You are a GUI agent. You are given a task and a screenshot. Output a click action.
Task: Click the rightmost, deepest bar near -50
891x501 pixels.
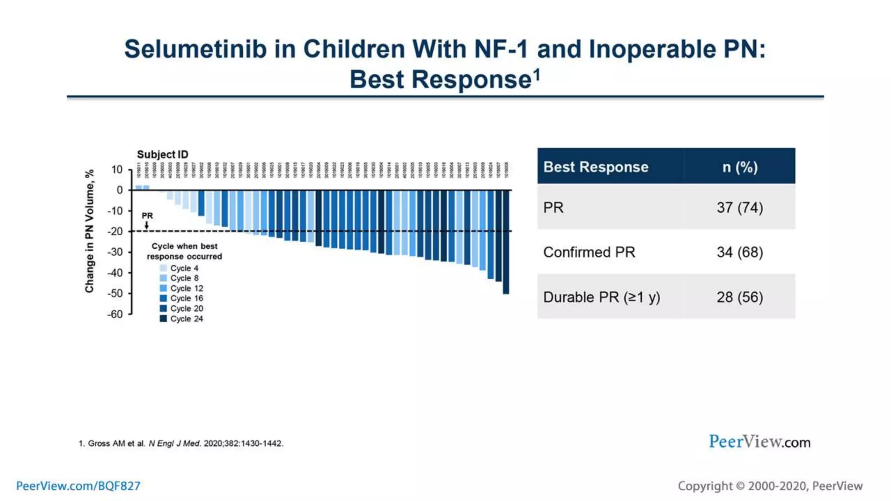pos(506,242)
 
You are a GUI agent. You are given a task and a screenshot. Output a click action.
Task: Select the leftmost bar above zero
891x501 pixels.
pos(139,188)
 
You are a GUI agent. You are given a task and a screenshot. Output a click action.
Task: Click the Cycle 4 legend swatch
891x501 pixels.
pos(164,268)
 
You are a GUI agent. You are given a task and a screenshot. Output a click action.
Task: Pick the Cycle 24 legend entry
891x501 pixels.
pos(181,319)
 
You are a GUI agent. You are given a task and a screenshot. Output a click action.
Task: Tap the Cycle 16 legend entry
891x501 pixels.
pos(181,298)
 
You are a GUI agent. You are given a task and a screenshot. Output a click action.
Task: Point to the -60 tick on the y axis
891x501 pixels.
pos(115,314)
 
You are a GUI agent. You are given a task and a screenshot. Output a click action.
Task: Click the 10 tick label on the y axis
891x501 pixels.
pos(117,170)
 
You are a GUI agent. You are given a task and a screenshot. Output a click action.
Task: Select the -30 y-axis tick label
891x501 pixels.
pos(115,252)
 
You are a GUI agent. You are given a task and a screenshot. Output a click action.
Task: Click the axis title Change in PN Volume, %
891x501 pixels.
pos(89,231)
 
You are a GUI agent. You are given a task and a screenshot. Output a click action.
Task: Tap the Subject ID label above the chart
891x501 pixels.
pos(162,154)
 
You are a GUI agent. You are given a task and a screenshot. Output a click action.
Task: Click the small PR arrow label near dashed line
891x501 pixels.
pos(147,216)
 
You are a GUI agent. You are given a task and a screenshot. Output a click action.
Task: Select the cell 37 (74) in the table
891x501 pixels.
pos(740,207)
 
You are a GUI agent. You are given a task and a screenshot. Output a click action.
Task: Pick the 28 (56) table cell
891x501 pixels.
pos(740,297)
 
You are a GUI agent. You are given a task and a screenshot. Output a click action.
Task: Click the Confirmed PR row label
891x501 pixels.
pos(589,252)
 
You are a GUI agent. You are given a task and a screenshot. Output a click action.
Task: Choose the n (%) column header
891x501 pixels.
pos(740,167)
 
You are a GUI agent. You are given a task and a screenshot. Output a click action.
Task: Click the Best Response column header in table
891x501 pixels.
pos(596,167)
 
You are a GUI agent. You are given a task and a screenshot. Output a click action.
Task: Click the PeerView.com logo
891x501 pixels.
pos(759,442)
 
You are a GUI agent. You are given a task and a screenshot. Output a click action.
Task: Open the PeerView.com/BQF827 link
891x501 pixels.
pos(78,486)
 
